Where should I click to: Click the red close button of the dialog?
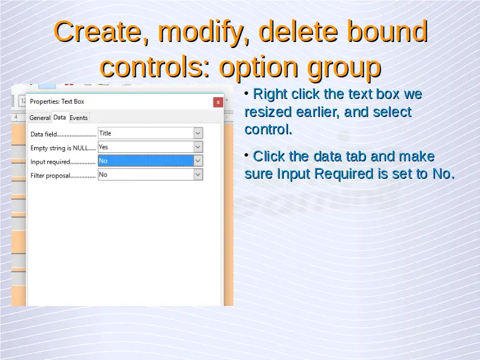pyautogui.click(x=218, y=102)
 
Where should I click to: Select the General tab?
pyautogui.click(x=40, y=118)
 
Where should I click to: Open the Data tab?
pyautogui.click(x=59, y=117)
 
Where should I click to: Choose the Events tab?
pyautogui.click(x=79, y=118)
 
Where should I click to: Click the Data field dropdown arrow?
pyautogui.click(x=198, y=133)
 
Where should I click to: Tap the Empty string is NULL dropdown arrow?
pyautogui.click(x=198, y=147)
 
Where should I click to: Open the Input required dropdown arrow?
pyautogui.click(x=198, y=161)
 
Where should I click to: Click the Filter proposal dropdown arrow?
pyautogui.click(x=198, y=175)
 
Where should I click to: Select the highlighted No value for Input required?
pyautogui.click(x=146, y=161)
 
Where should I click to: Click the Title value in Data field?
pyautogui.click(x=105, y=133)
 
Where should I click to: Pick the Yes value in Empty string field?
pyautogui.click(x=103, y=147)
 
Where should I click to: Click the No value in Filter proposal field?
pyautogui.click(x=103, y=175)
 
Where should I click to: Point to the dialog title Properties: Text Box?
pyautogui.click(x=57, y=101)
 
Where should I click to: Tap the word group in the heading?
pyautogui.click(x=344, y=68)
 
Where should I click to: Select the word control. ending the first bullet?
pyautogui.click(x=268, y=130)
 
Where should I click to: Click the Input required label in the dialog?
pyautogui.click(x=50, y=162)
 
